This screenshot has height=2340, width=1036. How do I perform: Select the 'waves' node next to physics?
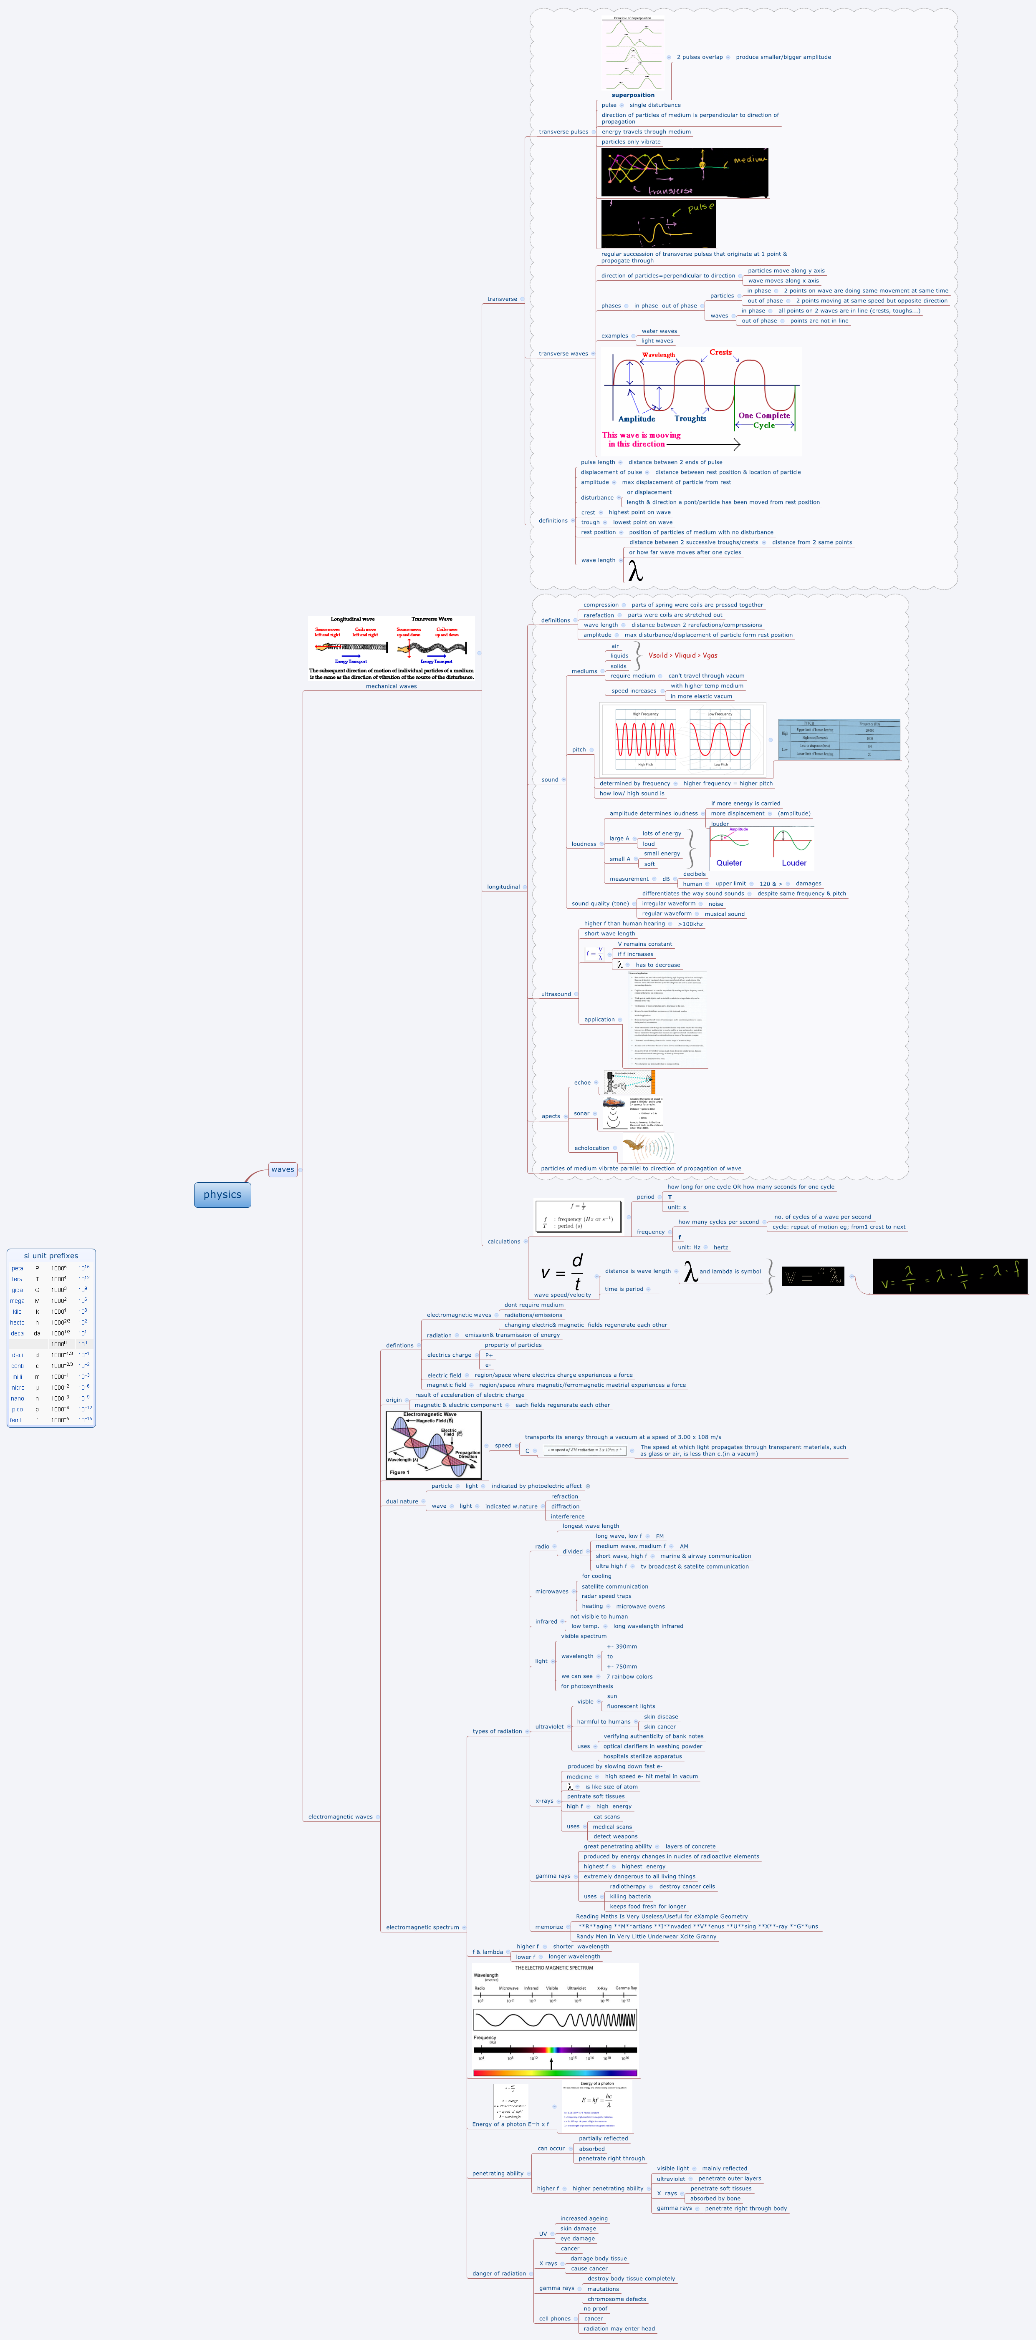(283, 1169)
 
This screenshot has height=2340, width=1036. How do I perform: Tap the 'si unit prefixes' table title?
(51, 1255)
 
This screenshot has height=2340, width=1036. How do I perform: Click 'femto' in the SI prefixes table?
(17, 1420)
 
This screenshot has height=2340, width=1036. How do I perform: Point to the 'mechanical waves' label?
(391, 686)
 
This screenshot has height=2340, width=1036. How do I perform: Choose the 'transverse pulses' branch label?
(563, 132)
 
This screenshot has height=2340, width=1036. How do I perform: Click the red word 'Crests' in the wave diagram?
(721, 353)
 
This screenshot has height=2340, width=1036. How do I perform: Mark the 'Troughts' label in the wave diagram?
(690, 419)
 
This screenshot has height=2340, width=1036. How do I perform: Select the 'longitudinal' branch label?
(503, 887)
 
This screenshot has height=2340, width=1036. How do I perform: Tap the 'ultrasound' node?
(556, 994)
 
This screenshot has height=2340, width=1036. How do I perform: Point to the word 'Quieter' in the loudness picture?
(729, 863)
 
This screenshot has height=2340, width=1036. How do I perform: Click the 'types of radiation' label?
(497, 1731)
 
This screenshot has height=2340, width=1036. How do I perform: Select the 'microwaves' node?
(552, 1592)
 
